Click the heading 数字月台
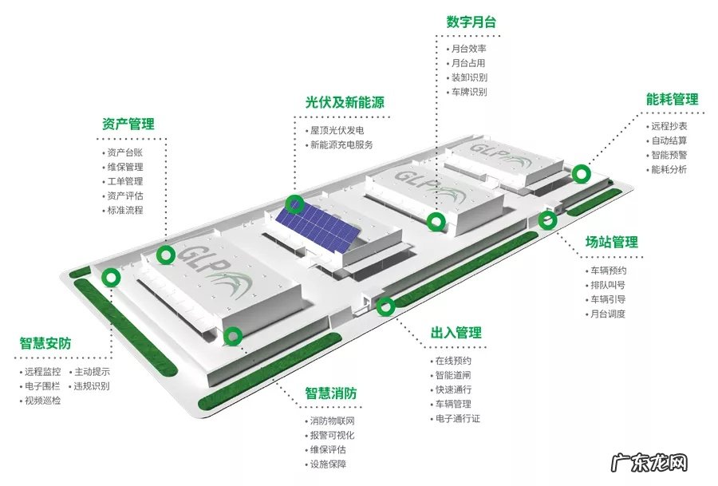pyautogui.click(x=471, y=22)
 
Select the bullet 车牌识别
pyautogui.click(x=469, y=92)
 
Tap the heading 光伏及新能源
pyautogui.click(x=345, y=103)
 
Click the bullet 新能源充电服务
pyautogui.click(x=341, y=145)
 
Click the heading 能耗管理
pyautogui.click(x=672, y=100)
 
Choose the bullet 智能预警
pyautogui.click(x=669, y=155)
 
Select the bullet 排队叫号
pyautogui.click(x=608, y=285)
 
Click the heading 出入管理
pyautogui.click(x=456, y=333)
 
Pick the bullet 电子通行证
pyautogui.click(x=457, y=418)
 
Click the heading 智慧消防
pyautogui.click(x=330, y=394)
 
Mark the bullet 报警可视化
pyautogui.click(x=332, y=435)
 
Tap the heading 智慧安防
pyautogui.click(x=45, y=344)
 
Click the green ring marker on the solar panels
pyautogui.click(x=296, y=203)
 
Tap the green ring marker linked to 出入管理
pyautogui.click(x=385, y=305)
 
